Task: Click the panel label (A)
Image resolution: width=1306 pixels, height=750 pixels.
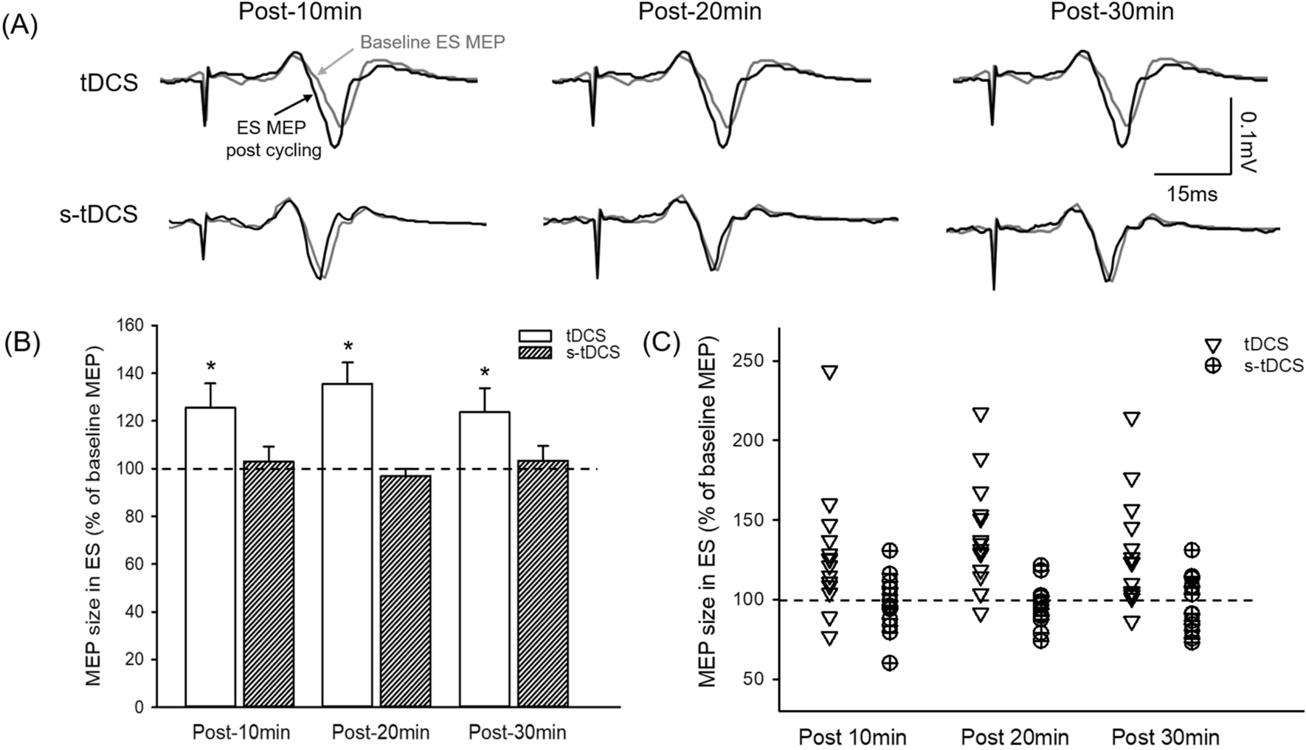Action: click(20, 26)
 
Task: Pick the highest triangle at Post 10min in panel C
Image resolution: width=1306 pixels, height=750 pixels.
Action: click(830, 372)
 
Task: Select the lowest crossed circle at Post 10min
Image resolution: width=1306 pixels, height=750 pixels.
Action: click(891, 663)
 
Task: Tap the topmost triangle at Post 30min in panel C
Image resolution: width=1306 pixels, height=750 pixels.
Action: click(1131, 419)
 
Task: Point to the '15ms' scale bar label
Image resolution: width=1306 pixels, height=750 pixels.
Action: click(1192, 195)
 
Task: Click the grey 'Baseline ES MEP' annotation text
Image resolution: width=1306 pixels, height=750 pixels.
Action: click(432, 42)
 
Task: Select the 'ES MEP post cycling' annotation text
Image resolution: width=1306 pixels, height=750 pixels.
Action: click(273, 140)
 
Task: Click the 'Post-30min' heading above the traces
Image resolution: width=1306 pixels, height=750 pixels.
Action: click(1111, 12)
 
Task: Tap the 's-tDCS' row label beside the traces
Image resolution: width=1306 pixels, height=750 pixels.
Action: click(99, 214)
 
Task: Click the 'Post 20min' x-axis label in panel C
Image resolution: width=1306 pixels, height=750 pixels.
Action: click(1015, 737)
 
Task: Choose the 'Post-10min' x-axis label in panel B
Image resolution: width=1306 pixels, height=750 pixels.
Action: click(241, 732)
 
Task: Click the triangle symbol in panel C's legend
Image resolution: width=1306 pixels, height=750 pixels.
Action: click(1212, 345)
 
